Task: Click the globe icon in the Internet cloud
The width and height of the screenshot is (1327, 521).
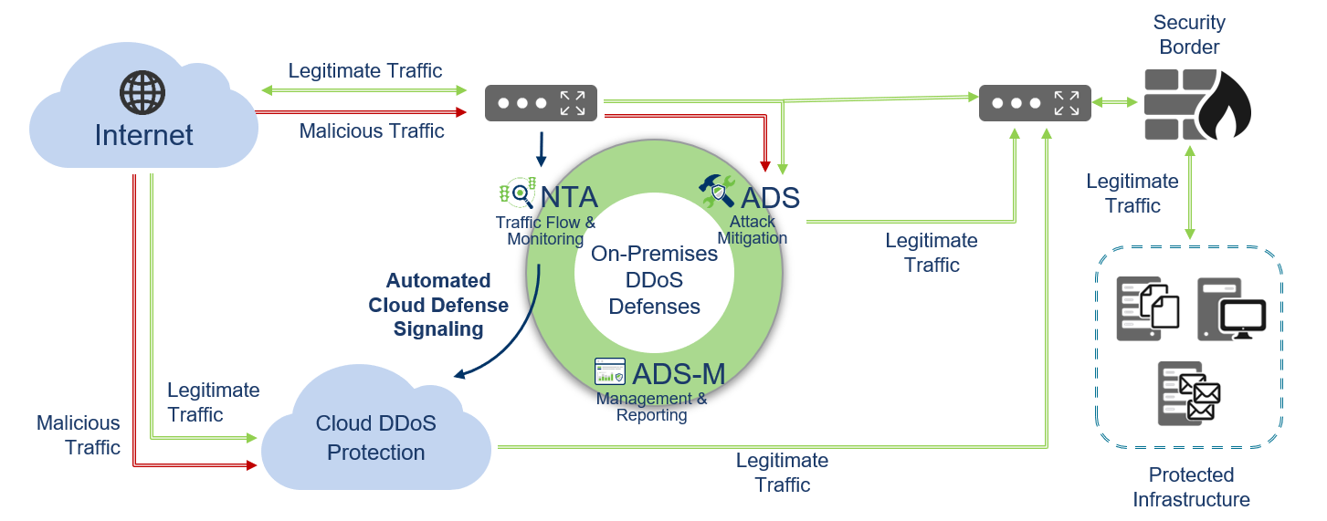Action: pos(142,92)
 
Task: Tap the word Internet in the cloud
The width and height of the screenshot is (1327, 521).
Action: pos(143,136)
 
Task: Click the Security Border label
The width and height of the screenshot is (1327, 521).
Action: pos(1189,35)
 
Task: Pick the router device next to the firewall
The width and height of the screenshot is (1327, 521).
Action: pos(1035,102)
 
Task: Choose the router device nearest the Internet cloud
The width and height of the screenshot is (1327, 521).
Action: pos(541,102)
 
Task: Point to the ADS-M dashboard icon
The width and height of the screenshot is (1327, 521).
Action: pos(609,371)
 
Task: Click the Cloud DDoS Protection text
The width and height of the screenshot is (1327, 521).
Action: pos(375,438)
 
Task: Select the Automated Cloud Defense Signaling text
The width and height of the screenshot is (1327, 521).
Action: pos(438,305)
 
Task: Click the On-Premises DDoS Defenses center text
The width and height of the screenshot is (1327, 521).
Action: pos(654,280)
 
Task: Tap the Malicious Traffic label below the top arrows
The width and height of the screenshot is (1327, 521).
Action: pos(372,131)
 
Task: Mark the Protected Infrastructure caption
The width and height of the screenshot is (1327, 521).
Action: pos(1191,487)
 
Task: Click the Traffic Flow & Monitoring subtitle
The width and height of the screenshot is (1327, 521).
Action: pos(545,231)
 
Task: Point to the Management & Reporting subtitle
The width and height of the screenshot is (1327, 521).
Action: pos(651,407)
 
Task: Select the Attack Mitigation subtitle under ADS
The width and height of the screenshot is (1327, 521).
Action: pos(752,230)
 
